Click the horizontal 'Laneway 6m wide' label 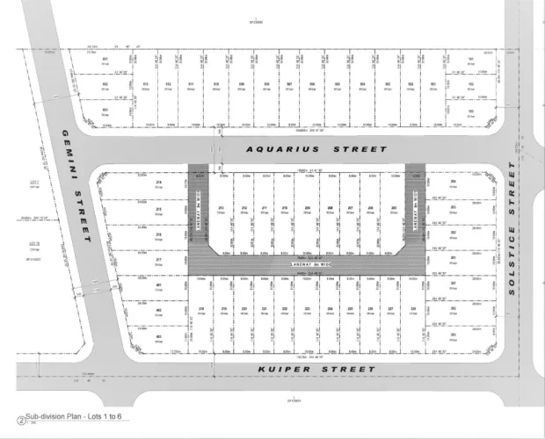click(307, 264)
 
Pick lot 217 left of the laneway click(158, 261)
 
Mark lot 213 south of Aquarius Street click(221, 209)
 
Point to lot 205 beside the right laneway click(393, 209)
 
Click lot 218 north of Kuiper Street click(201, 310)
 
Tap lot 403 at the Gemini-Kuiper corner click(158, 336)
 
